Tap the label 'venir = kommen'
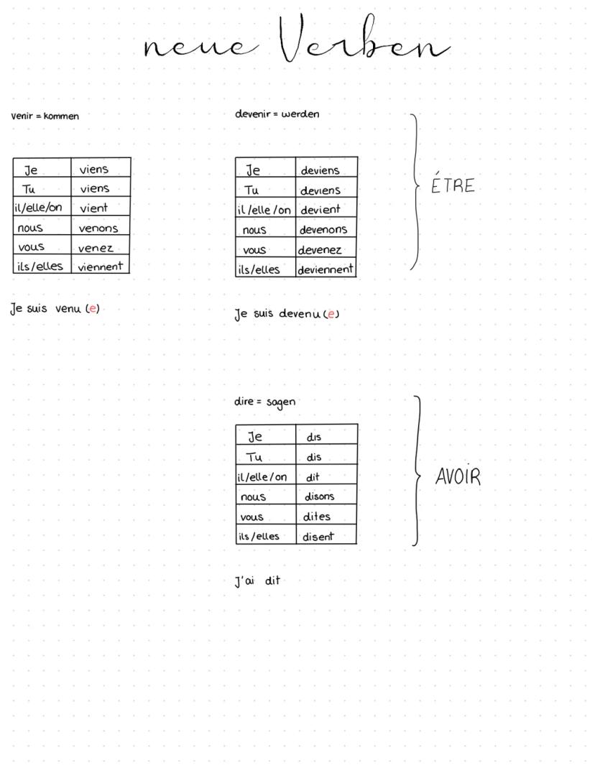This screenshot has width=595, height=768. pos(45,116)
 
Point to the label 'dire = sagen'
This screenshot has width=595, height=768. pos(264,402)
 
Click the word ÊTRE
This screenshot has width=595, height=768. pos(453,185)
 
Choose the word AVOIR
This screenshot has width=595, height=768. pos(458,477)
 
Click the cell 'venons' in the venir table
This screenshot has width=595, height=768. pos(98,228)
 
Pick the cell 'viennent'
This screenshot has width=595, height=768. pos(101,267)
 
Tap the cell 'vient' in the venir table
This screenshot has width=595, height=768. pos(94,208)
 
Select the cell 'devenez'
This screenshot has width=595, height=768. pos(320,250)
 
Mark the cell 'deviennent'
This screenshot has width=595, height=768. pos(326,269)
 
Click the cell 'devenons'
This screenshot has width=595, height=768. pos(323,230)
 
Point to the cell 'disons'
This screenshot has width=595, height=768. pos(320,496)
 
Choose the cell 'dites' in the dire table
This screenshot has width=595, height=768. pos(316,516)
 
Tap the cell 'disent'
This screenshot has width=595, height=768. pos(318,536)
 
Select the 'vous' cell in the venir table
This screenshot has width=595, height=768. pos(31,247)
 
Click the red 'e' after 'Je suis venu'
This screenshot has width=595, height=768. pos(92,309)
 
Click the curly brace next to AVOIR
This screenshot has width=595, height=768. pos(417,471)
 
